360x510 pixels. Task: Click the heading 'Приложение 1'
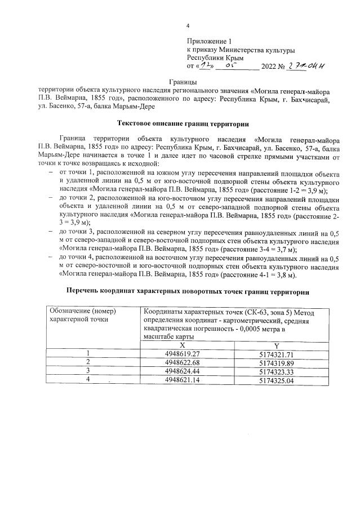(209, 42)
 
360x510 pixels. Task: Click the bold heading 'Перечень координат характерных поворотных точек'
(184, 292)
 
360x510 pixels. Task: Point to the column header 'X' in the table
(182, 344)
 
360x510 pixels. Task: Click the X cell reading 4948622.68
(182, 362)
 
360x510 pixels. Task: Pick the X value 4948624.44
(182, 371)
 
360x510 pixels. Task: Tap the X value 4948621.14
(182, 380)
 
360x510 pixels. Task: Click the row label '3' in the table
(88, 371)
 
